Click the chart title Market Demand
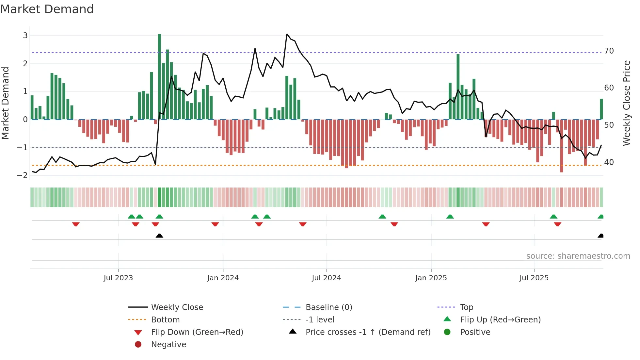(47, 9)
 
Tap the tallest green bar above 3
(159, 77)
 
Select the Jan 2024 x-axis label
(223, 278)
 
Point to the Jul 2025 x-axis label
(534, 278)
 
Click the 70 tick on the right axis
(609, 51)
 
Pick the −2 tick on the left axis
(22, 175)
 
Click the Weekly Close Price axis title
(626, 103)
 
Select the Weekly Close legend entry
(177, 307)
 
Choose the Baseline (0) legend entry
(328, 307)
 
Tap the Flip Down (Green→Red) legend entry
(197, 332)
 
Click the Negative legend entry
(168, 345)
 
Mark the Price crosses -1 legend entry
(368, 332)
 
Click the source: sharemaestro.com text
(578, 256)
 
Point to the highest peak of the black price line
(287, 34)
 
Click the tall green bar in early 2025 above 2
(458, 87)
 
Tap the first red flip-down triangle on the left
(76, 224)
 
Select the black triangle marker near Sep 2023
(159, 236)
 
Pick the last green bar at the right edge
(601, 109)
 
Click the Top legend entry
(466, 307)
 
